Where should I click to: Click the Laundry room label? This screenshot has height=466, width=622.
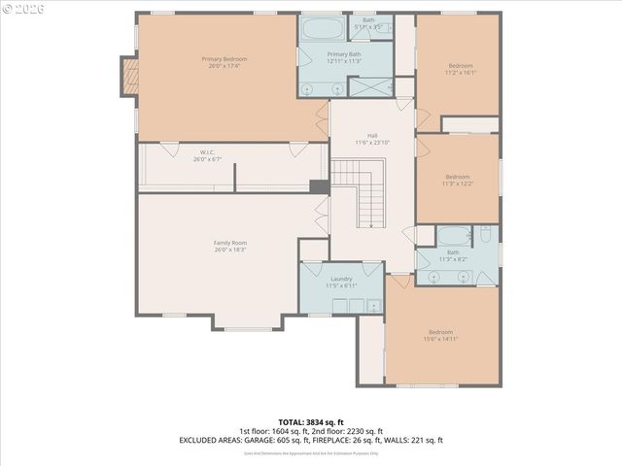[340, 279]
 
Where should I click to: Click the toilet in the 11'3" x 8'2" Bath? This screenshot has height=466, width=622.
[485, 236]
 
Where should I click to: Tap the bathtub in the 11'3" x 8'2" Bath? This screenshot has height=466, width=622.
[452, 236]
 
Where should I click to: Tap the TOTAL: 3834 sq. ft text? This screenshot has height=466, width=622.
[310, 422]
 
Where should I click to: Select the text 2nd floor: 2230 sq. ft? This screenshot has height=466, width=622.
[347, 431]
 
